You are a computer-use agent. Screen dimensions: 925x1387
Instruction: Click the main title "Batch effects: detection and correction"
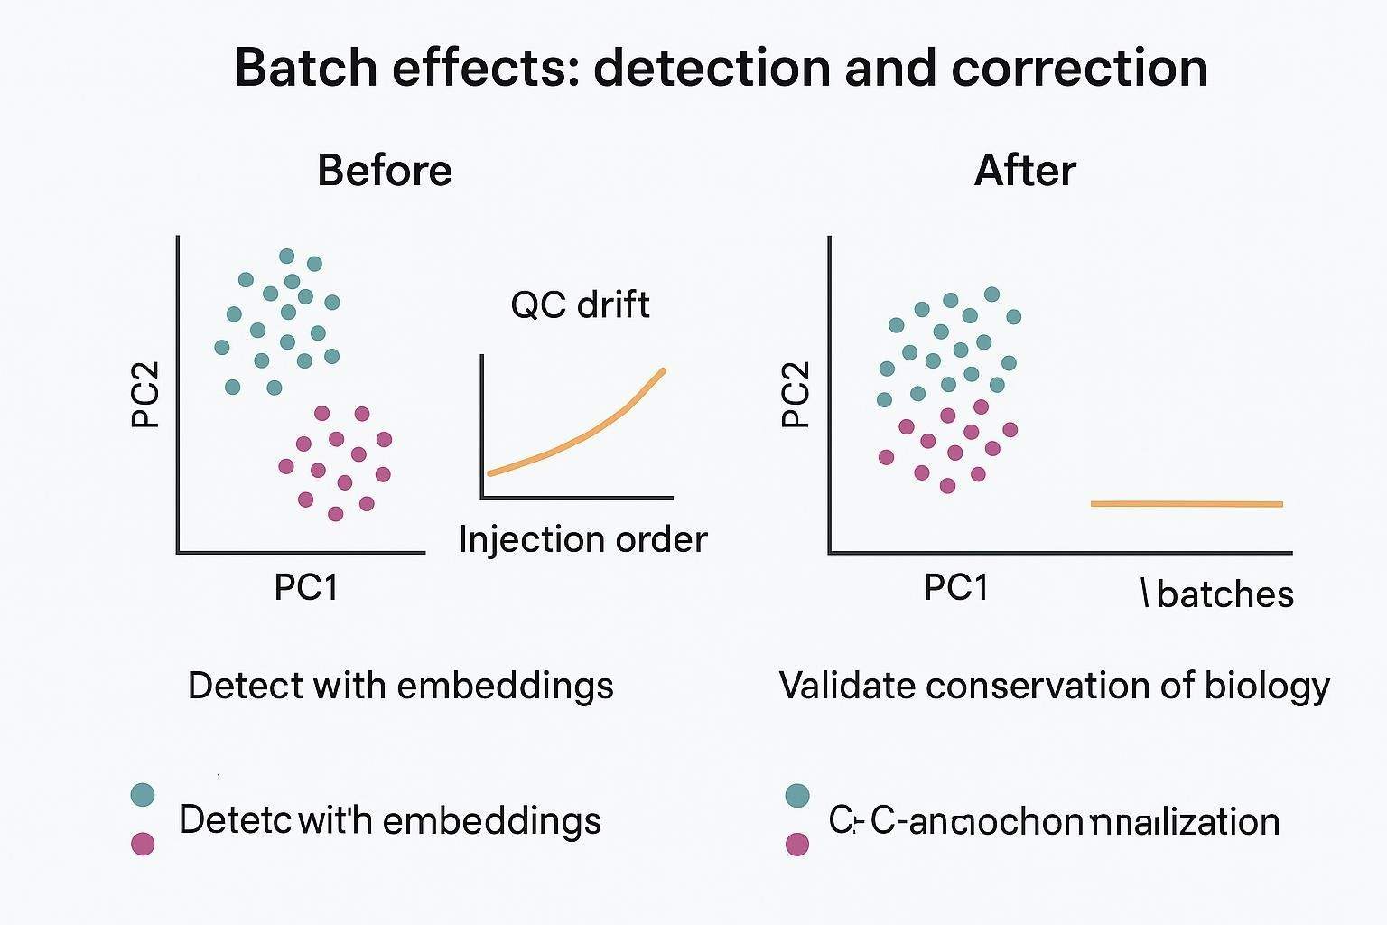(721, 68)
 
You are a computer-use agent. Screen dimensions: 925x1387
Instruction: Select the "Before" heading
(385, 170)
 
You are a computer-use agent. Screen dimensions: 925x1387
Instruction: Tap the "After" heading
(1025, 170)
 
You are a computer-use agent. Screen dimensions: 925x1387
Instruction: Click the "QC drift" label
(580, 304)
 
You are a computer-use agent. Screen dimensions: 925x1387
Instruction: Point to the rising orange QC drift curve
(578, 437)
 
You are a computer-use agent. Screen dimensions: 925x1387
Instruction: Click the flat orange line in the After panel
(1187, 503)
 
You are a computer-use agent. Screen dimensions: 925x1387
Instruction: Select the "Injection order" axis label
(582, 539)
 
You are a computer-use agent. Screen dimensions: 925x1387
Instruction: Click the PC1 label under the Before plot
(305, 587)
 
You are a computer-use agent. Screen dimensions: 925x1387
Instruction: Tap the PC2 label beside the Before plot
(145, 395)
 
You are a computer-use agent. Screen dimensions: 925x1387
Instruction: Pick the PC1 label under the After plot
(956, 587)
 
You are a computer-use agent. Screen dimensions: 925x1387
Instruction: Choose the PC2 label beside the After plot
(796, 395)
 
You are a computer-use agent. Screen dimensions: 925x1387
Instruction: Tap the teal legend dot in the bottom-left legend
(143, 795)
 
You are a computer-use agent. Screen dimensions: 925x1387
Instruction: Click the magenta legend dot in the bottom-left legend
(143, 844)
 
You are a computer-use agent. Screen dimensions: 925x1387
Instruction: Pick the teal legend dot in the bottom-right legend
(796, 795)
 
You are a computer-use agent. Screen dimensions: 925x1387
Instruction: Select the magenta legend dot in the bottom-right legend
(796, 844)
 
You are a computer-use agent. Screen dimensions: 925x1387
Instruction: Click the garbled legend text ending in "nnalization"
(1054, 821)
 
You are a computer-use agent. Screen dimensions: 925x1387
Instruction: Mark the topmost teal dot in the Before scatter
(287, 256)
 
